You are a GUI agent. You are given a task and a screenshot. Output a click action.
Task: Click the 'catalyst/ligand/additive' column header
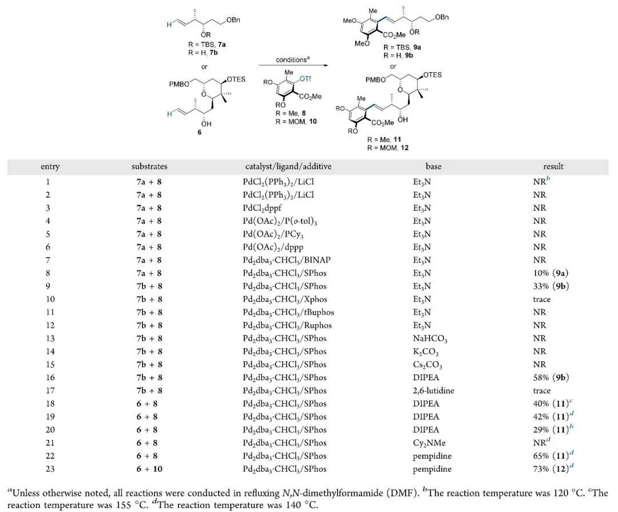288,167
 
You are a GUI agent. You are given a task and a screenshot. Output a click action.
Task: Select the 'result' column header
553,167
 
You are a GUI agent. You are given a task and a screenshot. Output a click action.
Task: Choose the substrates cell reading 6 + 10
148,469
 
